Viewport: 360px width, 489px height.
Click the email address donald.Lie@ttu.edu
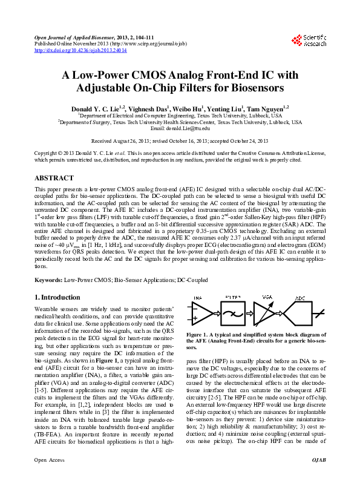(180, 129)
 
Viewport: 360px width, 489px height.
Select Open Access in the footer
(49, 478)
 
